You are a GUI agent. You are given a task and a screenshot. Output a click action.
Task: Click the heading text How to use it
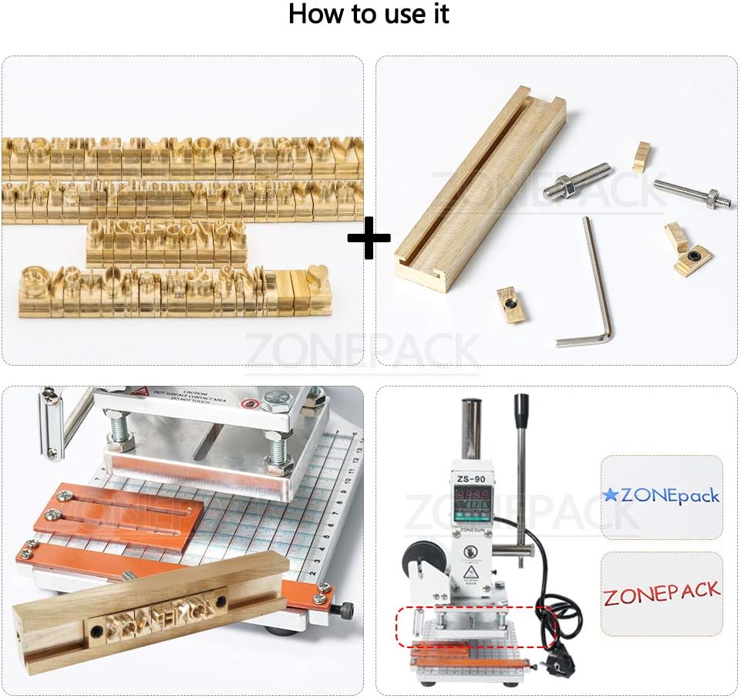[369, 15]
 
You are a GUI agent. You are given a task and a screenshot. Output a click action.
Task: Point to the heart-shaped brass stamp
[317, 274]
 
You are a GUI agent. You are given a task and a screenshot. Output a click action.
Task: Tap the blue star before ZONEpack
[611, 495]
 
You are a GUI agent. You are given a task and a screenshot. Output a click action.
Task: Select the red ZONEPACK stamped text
[662, 594]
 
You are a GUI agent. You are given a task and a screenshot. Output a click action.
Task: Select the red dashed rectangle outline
[476, 626]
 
